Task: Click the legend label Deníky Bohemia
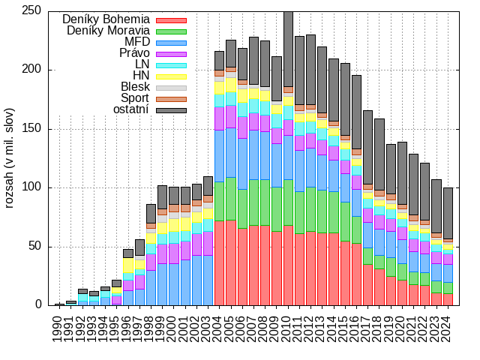(106, 19)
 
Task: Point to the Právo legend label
(133, 53)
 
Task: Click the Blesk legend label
(135, 87)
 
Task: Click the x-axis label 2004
(219, 330)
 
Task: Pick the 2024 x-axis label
(448, 330)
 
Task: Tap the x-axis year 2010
(288, 330)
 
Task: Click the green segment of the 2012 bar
(310, 209)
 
